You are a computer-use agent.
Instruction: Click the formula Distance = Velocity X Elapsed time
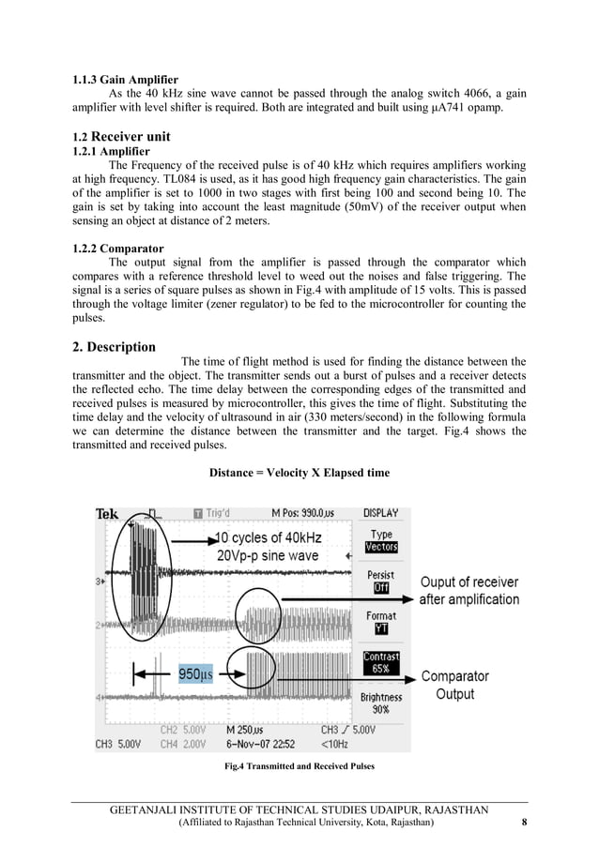[x=299, y=472]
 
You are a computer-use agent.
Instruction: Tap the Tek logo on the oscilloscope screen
[x=107, y=514]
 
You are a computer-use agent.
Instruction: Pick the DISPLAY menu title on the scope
[x=381, y=513]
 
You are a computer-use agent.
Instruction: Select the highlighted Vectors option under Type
[x=381, y=547]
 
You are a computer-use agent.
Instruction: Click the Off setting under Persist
[x=381, y=588]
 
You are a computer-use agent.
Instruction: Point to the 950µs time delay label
[x=196, y=673]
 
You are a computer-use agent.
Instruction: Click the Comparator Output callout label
[x=454, y=685]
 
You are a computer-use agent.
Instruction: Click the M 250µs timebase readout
[x=245, y=730]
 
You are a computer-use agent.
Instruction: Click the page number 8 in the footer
[x=523, y=823]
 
